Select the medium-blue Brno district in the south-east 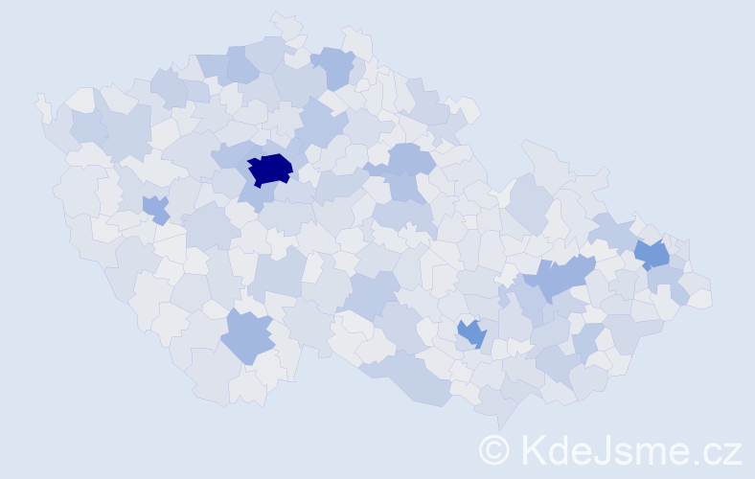pyautogui.click(x=471, y=332)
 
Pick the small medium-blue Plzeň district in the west pyautogui.click(x=154, y=207)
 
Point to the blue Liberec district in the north pyautogui.click(x=334, y=66)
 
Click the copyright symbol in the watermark pyautogui.click(x=494, y=448)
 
